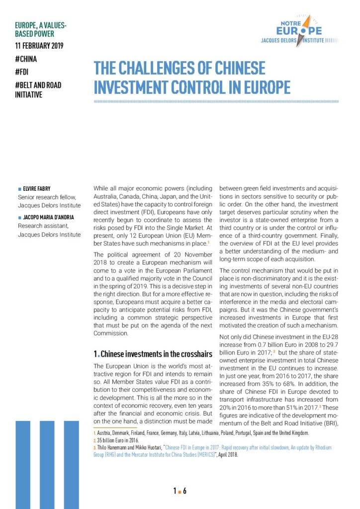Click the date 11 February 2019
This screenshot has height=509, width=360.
point(40,46)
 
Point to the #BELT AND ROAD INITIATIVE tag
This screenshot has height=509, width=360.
point(38,89)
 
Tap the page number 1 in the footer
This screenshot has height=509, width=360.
point(175,491)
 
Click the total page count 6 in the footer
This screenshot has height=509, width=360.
point(184,491)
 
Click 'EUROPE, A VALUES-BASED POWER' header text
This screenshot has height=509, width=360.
point(42,30)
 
